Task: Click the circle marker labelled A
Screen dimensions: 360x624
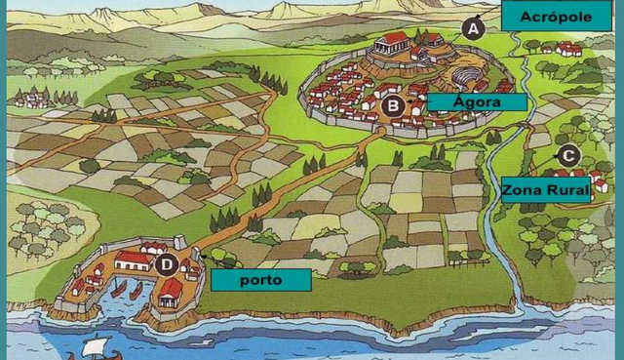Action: pyautogui.click(x=474, y=29)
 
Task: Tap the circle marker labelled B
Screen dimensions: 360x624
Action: pyautogui.click(x=393, y=105)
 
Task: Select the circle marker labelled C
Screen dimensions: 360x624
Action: pyautogui.click(x=568, y=155)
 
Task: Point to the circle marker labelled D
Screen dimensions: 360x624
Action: pyautogui.click(x=166, y=263)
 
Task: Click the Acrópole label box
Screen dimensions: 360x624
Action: pyautogui.click(x=549, y=18)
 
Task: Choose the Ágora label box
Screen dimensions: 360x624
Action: pyautogui.click(x=476, y=101)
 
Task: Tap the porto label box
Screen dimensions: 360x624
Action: pyautogui.click(x=260, y=280)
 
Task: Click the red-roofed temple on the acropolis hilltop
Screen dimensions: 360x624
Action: pyautogui.click(x=395, y=42)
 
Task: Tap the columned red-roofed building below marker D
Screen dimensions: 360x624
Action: pyautogui.click(x=171, y=291)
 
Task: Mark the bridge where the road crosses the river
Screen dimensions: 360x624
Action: pyautogui.click(x=527, y=124)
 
